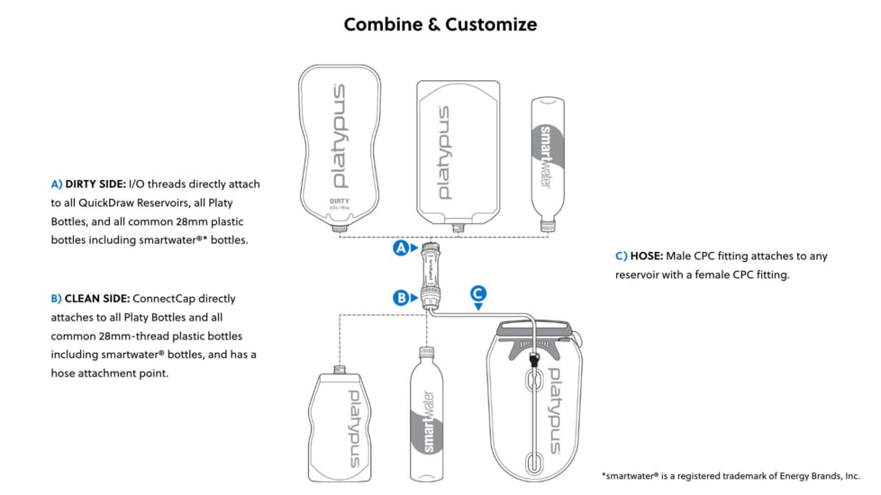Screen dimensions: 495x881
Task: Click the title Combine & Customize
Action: pyautogui.click(x=440, y=24)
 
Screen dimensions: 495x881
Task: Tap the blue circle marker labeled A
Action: pyautogui.click(x=401, y=247)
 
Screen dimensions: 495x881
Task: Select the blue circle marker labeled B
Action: pyautogui.click(x=401, y=297)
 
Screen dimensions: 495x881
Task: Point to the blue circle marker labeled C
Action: pyautogui.click(x=478, y=292)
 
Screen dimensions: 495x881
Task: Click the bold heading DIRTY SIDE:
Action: pyautogui.click(x=95, y=184)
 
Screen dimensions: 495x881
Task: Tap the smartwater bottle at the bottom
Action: pyautogui.click(x=429, y=413)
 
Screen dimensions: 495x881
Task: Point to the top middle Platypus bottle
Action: pyautogui.click(x=458, y=151)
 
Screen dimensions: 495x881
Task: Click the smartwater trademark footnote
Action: pyautogui.click(x=731, y=475)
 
